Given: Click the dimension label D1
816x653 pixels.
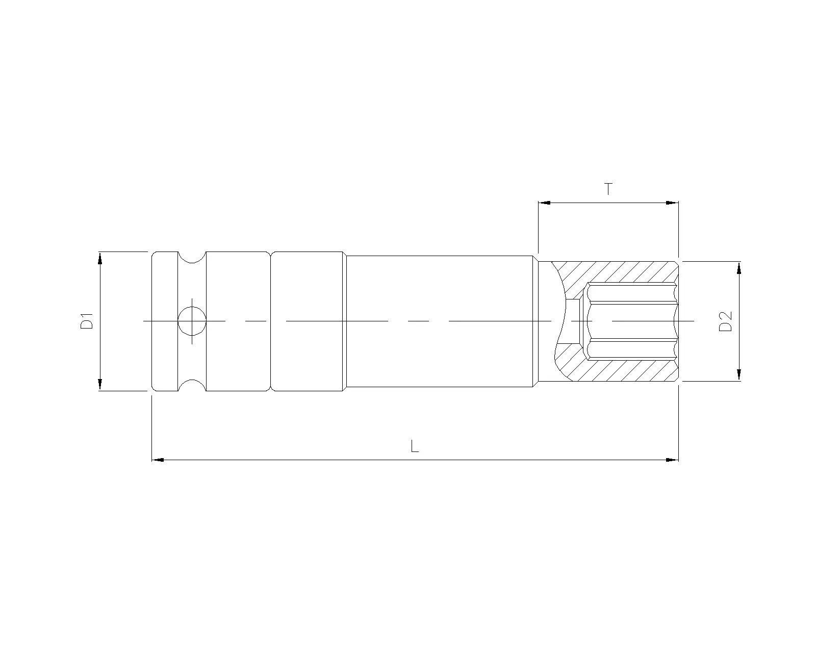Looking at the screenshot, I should point(87,321).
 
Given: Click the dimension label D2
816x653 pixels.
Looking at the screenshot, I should point(725,321).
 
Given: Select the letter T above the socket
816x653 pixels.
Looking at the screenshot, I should point(608,189).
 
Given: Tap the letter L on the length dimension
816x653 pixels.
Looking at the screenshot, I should point(415,447).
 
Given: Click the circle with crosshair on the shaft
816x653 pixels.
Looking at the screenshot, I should point(192,321).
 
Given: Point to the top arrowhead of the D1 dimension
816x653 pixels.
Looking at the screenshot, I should point(100,258).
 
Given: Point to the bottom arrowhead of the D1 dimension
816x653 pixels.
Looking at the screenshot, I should point(100,384).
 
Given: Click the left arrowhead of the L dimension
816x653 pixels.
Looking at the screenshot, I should point(158,460).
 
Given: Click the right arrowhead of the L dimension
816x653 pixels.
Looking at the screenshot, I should point(672,460).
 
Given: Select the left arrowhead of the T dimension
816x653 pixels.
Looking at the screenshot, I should point(545,203).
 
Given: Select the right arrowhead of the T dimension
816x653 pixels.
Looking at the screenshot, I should point(672,203).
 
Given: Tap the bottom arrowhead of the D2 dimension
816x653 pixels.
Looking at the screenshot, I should point(738,374).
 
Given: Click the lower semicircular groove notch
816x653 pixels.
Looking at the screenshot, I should point(192,386).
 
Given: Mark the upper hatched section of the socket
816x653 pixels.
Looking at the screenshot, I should point(622,272).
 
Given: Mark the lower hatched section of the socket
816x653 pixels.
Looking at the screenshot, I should point(622,370).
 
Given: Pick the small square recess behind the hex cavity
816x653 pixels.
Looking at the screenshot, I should point(577,321).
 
